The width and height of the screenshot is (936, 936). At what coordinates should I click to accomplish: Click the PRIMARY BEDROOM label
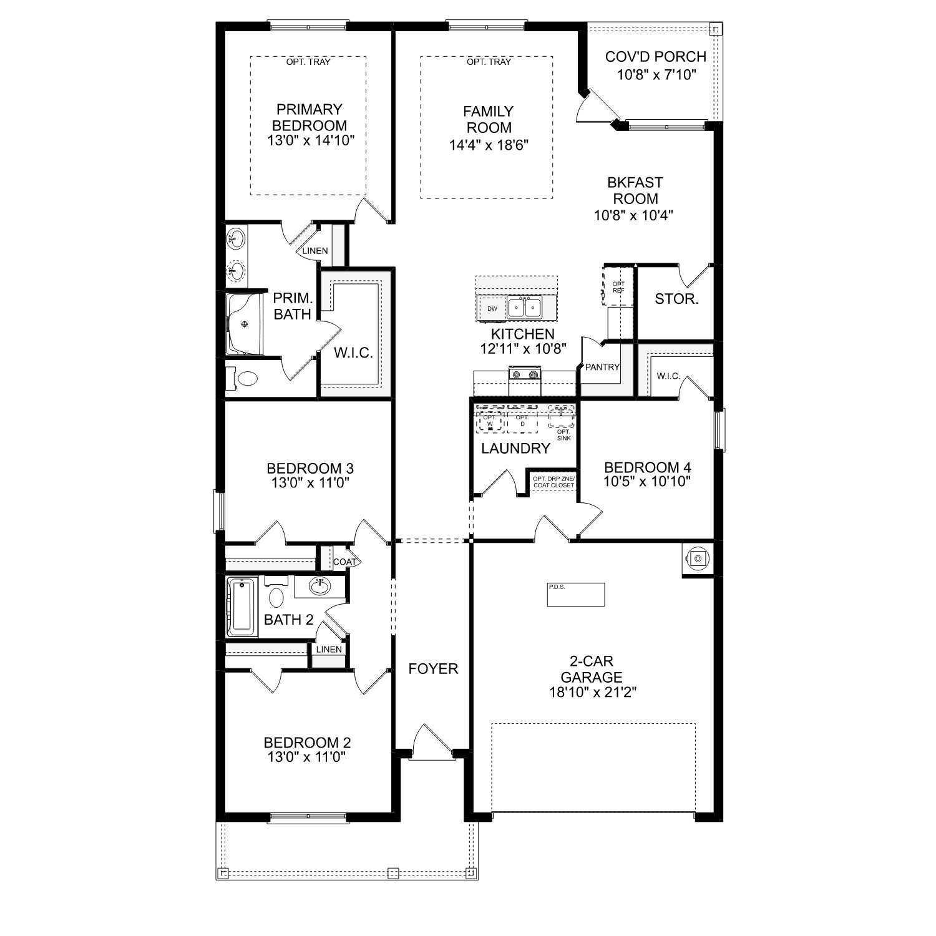[310, 117]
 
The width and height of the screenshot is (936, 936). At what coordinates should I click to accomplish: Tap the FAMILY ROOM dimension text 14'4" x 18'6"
[489, 145]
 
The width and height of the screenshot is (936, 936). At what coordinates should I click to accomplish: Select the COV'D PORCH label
[655, 57]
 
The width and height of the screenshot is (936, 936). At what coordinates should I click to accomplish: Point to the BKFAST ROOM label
[635, 191]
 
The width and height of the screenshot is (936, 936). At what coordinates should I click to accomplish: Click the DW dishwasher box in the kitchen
[492, 308]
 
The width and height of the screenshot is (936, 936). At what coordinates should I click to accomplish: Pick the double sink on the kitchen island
[524, 307]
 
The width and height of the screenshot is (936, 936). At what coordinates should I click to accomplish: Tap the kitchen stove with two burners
[524, 375]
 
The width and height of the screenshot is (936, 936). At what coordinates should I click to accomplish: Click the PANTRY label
[602, 367]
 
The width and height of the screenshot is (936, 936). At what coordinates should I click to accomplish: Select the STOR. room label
[676, 299]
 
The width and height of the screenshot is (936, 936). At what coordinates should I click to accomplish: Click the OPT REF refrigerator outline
[618, 286]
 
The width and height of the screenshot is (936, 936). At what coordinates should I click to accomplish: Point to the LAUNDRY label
[515, 448]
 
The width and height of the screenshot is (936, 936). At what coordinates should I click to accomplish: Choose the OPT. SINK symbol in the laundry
[561, 416]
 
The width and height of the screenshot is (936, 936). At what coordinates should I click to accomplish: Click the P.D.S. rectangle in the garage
[576, 595]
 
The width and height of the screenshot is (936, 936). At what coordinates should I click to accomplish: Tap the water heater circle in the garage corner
[698, 558]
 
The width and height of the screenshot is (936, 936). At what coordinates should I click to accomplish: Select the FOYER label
[433, 669]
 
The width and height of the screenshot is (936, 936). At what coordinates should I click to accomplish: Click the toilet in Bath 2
[276, 597]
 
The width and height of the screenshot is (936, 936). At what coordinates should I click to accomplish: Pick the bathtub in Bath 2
[242, 607]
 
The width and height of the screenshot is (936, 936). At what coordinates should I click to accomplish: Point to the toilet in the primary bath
[247, 378]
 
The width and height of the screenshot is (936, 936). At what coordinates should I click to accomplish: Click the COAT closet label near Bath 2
[344, 562]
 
